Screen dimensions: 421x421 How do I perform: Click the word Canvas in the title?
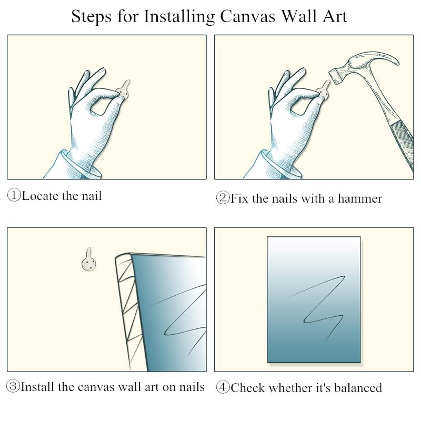[x=247, y=16]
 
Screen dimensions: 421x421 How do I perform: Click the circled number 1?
[x=14, y=195]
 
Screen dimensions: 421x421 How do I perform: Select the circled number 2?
[x=223, y=198]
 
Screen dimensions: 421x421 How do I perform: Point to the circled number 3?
[x=13, y=386]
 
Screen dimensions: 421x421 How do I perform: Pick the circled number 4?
[x=223, y=387]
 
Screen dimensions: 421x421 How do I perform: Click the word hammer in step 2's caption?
[x=360, y=199]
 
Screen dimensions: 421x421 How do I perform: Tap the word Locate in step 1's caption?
[x=40, y=196]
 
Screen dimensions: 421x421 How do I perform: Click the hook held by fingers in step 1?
[x=124, y=89]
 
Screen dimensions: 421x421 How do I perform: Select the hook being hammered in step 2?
[x=324, y=89]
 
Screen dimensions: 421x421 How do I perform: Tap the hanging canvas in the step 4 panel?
[x=314, y=299]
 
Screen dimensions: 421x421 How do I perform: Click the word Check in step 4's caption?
[x=247, y=388]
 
